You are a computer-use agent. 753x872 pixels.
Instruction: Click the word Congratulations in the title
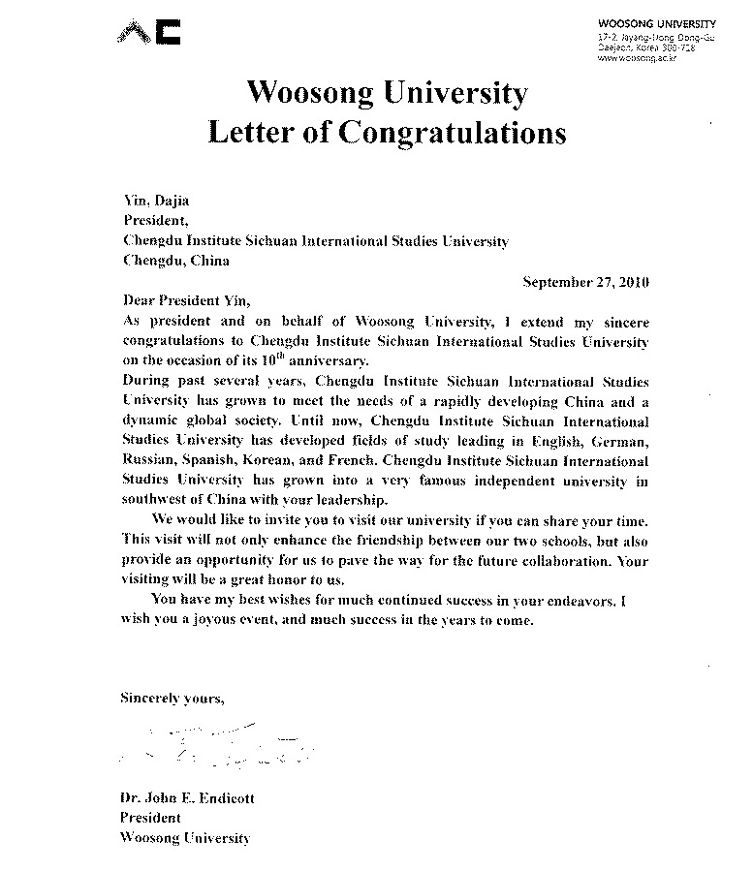[x=452, y=132]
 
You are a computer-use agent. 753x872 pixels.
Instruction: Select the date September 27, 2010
[x=585, y=282]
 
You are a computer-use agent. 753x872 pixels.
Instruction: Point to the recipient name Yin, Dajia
[x=156, y=202]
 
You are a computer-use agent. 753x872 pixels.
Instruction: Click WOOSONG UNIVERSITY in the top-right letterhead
[x=655, y=24]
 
